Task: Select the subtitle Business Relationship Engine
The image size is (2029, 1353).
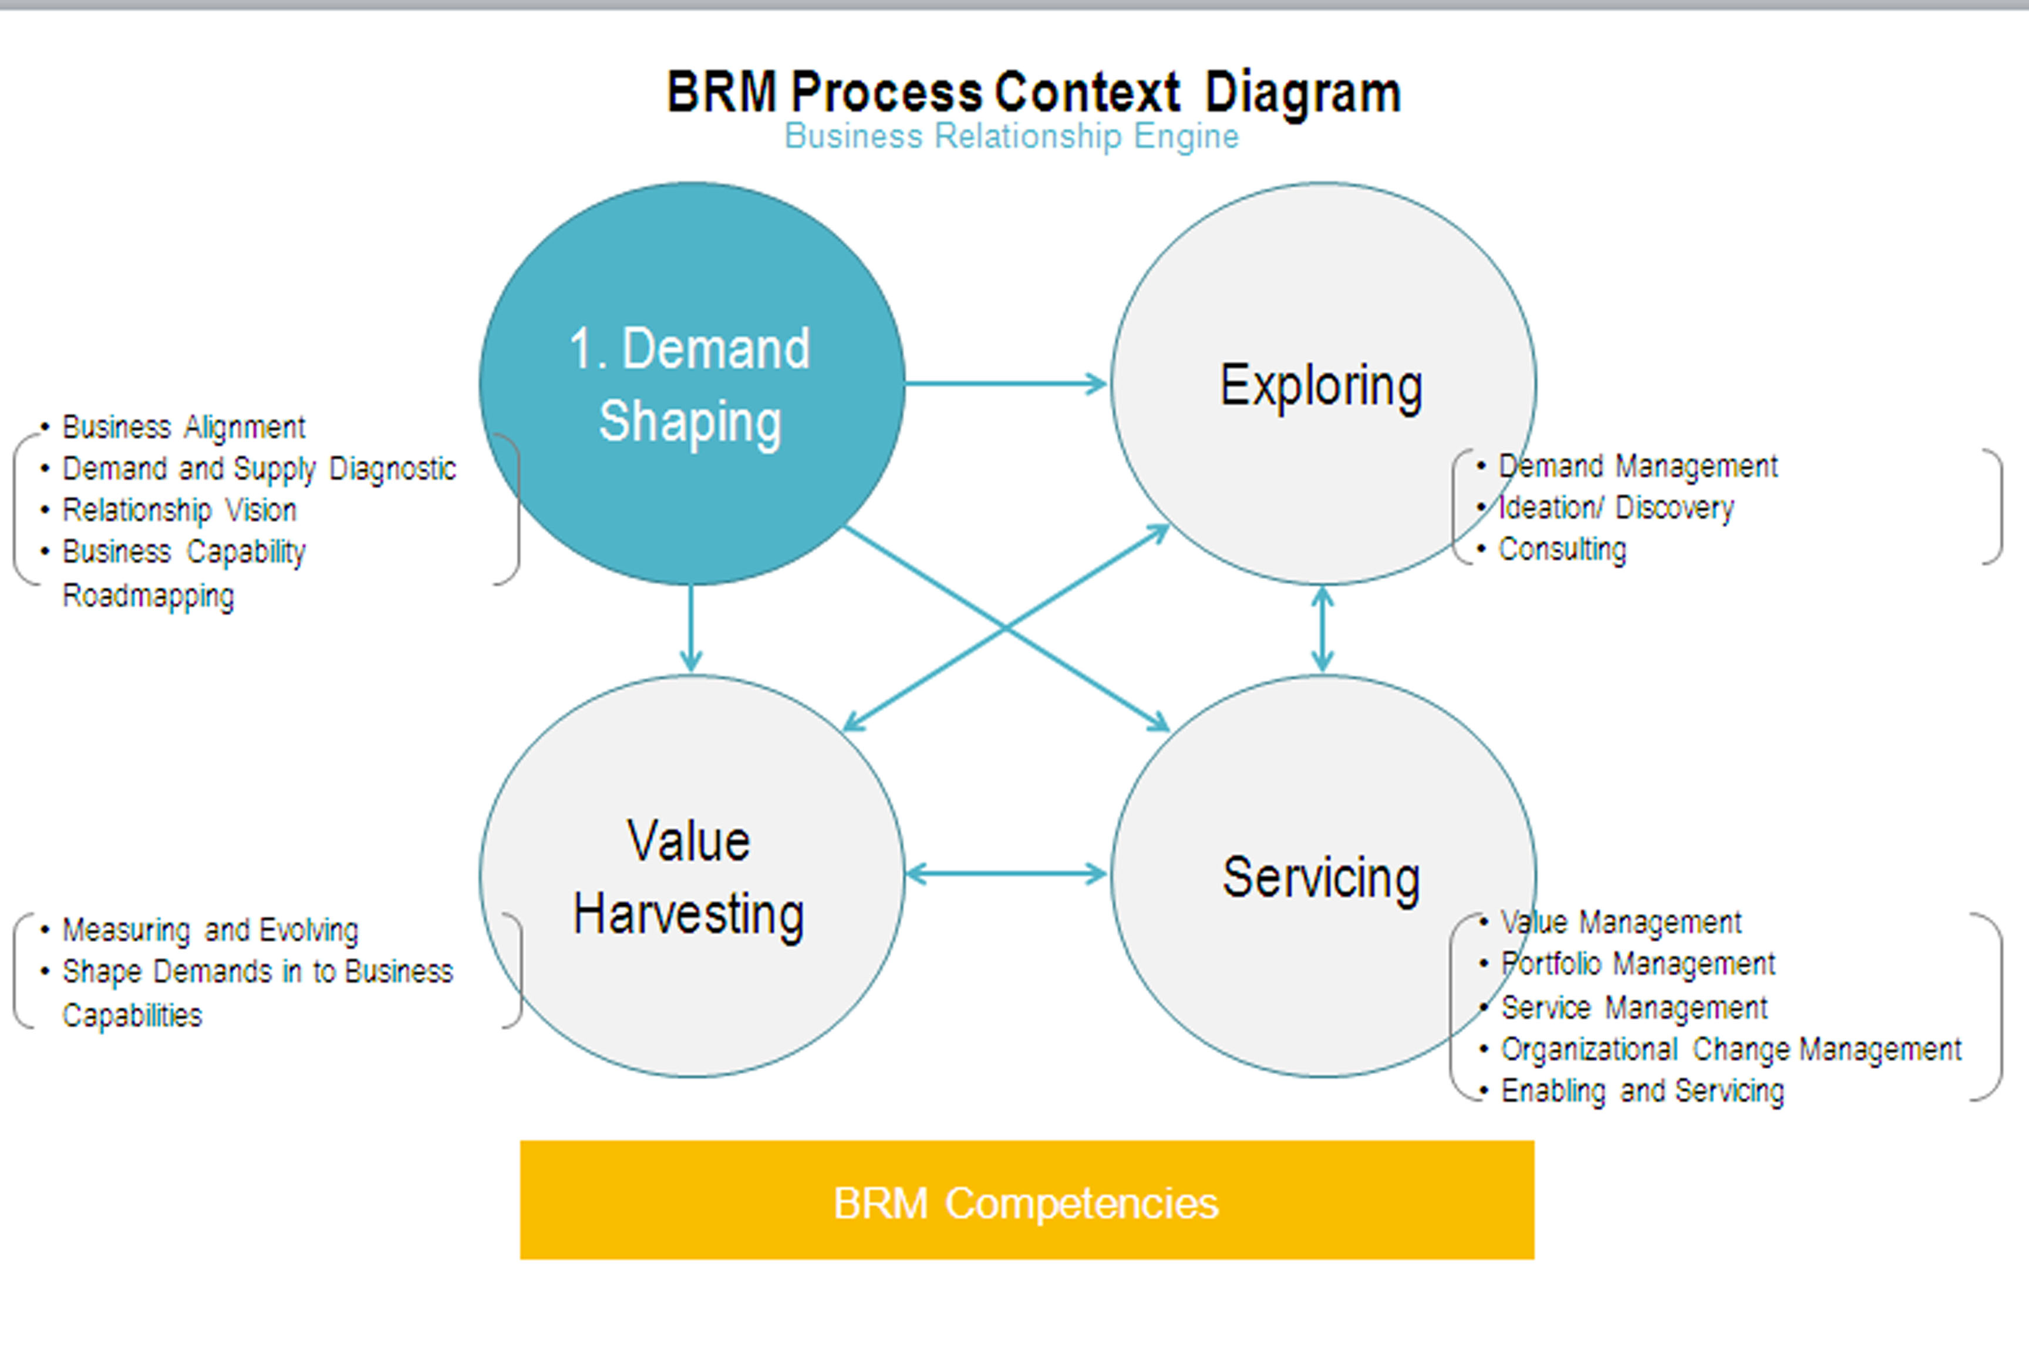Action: coord(1011,136)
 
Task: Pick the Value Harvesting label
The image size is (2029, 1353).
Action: coord(689,877)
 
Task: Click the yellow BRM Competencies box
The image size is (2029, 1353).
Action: coord(1027,1200)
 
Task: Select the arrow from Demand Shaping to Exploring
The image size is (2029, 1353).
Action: coord(1006,383)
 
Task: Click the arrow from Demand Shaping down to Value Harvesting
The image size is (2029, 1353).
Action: coord(690,628)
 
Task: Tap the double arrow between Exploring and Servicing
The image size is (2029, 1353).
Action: coord(1323,629)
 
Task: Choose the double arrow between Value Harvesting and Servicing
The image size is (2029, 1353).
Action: coord(1006,874)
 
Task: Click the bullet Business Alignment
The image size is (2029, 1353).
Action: coord(184,427)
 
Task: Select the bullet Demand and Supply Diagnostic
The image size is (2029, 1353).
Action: coord(259,469)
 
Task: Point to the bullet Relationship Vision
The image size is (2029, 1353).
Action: coord(180,510)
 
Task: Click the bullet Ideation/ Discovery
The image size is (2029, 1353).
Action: coord(1615,507)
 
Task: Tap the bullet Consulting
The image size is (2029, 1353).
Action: coord(1562,549)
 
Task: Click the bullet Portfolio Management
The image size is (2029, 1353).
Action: coord(1637,964)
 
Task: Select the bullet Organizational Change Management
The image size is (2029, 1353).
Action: coord(1731,1049)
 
